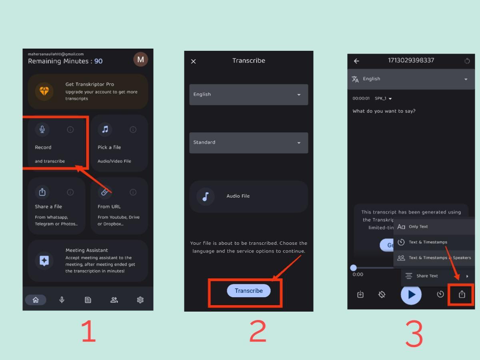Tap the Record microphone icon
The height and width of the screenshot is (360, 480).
tap(42, 129)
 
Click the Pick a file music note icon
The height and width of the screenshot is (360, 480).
tap(105, 129)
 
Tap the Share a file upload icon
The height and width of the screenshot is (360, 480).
tap(42, 192)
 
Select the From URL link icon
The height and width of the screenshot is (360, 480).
tap(104, 192)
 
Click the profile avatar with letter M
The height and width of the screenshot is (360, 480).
tap(140, 60)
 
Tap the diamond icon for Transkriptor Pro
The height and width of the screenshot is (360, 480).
tap(44, 91)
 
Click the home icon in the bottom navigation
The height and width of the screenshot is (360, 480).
tap(36, 300)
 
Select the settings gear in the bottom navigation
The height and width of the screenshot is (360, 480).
tap(140, 300)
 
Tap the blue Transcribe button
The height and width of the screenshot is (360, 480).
tap(248, 291)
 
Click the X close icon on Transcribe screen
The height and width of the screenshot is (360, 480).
tap(194, 61)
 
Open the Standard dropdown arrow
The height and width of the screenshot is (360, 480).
tap(298, 143)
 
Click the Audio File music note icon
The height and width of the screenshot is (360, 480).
tap(206, 196)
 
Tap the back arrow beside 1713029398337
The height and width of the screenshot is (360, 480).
tap(356, 61)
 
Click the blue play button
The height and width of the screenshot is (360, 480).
tap(411, 295)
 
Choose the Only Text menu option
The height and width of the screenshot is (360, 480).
tap(418, 227)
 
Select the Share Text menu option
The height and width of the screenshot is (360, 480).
tap(427, 276)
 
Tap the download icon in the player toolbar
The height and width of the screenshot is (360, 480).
tap(360, 295)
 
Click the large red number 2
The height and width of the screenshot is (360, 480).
tap(258, 331)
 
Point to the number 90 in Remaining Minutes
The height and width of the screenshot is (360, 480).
tap(98, 61)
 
